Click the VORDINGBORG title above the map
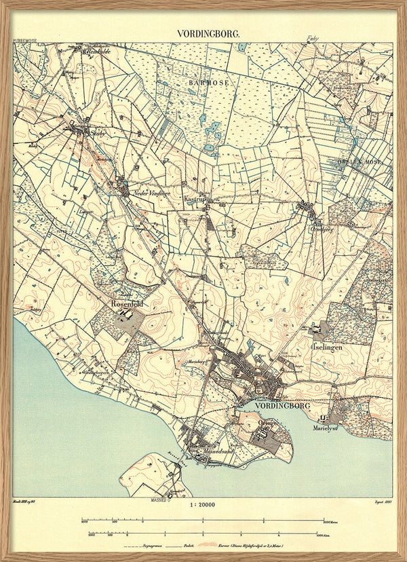click(x=203, y=33)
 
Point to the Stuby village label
click(x=99, y=134)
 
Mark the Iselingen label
click(x=327, y=346)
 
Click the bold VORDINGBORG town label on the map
click(x=283, y=405)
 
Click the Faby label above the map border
click(x=313, y=39)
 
